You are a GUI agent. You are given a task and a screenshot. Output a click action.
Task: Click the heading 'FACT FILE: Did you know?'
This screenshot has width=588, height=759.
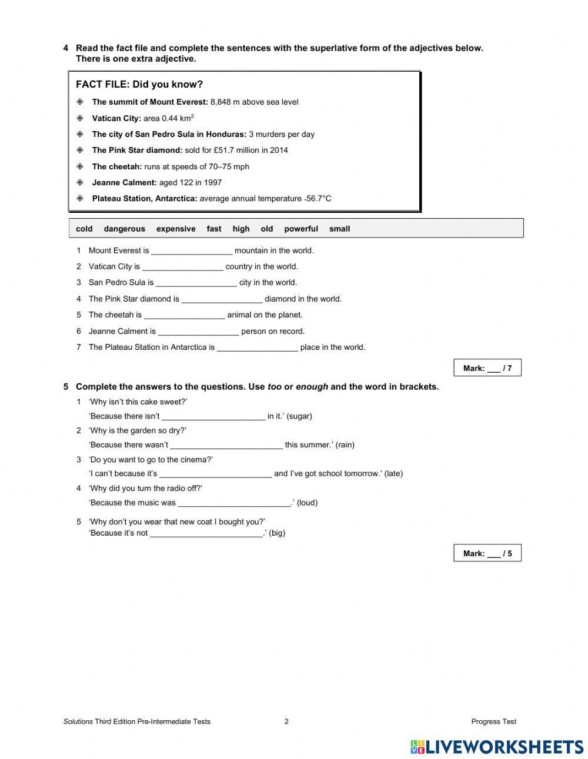tap(139, 85)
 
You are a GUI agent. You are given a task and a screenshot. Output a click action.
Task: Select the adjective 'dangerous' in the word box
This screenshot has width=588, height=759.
tap(124, 229)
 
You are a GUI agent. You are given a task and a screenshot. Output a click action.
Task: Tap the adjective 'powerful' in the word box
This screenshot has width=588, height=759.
tap(301, 229)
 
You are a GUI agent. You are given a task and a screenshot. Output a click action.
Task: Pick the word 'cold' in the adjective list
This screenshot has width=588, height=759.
tap(84, 229)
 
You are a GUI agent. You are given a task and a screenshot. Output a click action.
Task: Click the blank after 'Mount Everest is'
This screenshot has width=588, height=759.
tap(192, 251)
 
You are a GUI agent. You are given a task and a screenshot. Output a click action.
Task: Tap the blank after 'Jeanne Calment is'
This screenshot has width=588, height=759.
tap(198, 332)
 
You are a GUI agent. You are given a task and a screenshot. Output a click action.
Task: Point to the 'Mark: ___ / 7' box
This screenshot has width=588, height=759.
tap(487, 369)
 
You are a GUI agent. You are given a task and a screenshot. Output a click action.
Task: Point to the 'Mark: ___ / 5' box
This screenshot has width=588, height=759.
tap(487, 553)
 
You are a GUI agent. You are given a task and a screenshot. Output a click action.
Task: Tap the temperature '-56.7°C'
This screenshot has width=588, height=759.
tap(318, 199)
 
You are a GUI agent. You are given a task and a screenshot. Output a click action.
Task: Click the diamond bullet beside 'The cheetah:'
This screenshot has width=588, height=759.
tap(80, 166)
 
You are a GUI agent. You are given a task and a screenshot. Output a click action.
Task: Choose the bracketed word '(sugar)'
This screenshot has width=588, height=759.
tap(299, 416)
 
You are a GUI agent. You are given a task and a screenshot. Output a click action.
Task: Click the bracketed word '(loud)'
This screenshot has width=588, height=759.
tap(307, 503)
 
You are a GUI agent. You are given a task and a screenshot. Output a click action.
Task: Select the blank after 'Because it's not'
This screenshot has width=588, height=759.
tap(206, 533)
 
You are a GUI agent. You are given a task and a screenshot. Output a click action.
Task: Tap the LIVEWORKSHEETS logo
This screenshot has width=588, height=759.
tap(497, 747)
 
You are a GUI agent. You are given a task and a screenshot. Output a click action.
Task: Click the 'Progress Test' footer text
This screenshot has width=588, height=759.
tap(493, 722)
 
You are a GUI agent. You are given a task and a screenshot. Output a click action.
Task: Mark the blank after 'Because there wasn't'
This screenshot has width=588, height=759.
tap(226, 445)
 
